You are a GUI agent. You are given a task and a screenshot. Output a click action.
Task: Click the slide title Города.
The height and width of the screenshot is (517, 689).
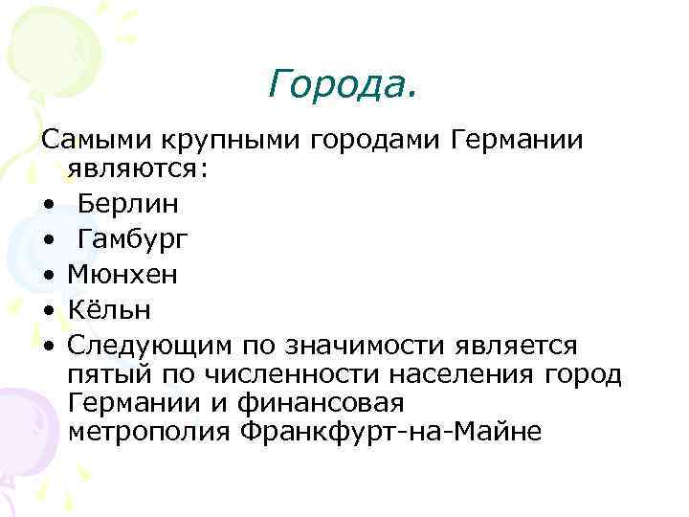pos(343,85)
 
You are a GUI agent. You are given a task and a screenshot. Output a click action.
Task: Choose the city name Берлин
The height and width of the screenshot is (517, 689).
pos(127,203)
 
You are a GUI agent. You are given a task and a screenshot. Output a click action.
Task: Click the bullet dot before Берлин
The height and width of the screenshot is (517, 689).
pos(47,205)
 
